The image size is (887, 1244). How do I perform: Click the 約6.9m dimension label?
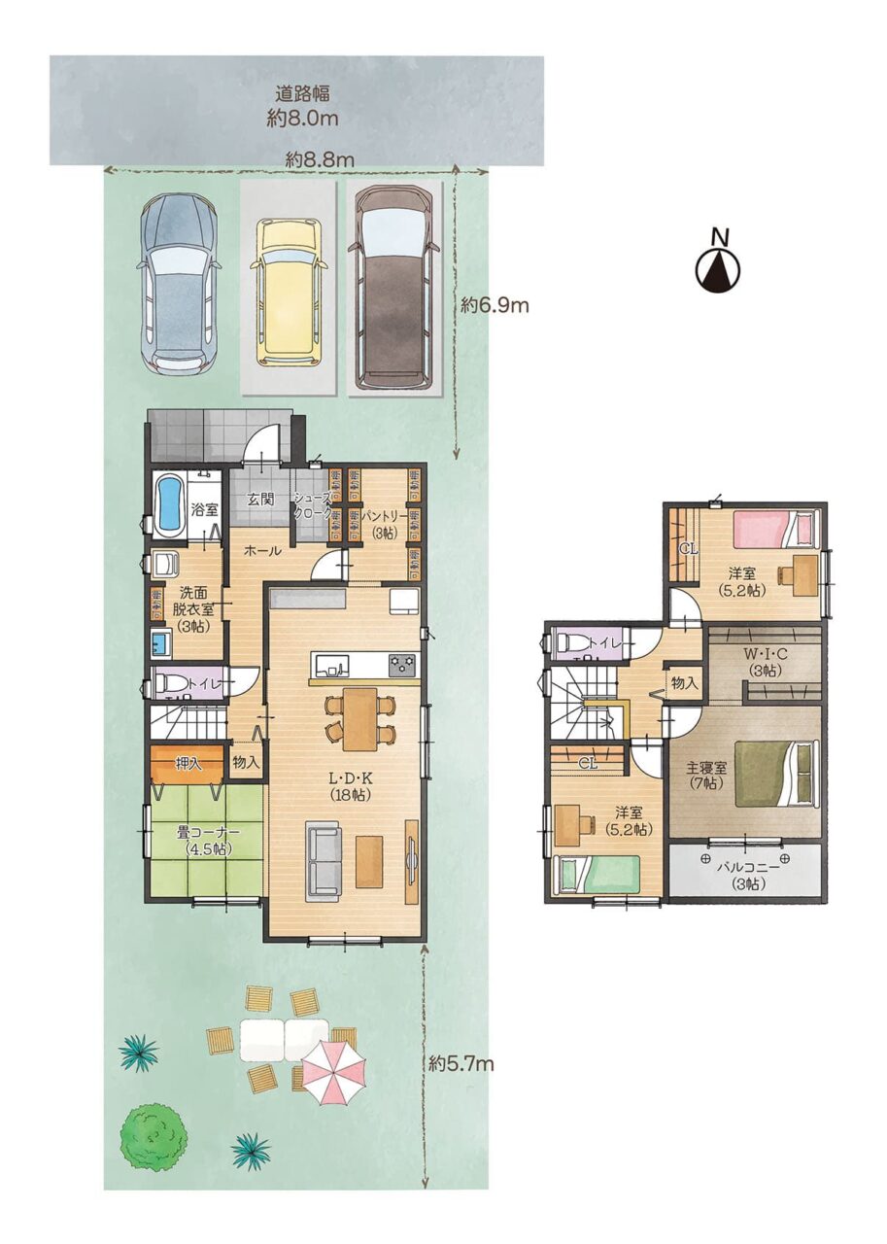point(494,304)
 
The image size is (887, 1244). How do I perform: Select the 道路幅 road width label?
point(302,94)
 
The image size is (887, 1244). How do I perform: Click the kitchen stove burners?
point(402,665)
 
